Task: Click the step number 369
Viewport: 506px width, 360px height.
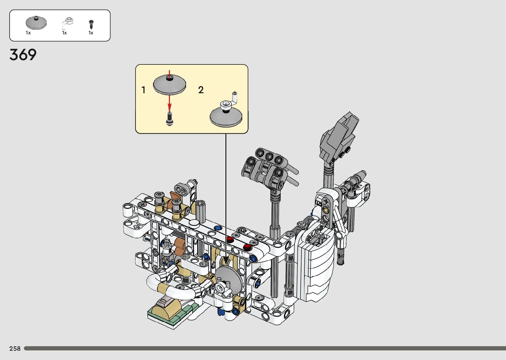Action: coord(23,55)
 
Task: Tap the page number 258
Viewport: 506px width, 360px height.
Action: coord(15,348)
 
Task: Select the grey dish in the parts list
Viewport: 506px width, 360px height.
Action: coord(36,23)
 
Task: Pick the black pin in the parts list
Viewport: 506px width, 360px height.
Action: coord(91,24)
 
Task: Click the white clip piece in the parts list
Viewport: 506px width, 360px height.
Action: coord(67,22)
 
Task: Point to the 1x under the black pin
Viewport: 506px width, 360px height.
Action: coord(91,33)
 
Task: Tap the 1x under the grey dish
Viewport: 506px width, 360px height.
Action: coord(28,33)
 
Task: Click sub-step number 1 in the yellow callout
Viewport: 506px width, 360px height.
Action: coord(143,90)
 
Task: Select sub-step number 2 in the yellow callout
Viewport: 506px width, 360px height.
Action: coord(201,90)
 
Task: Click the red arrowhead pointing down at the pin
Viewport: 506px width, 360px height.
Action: coord(170,107)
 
